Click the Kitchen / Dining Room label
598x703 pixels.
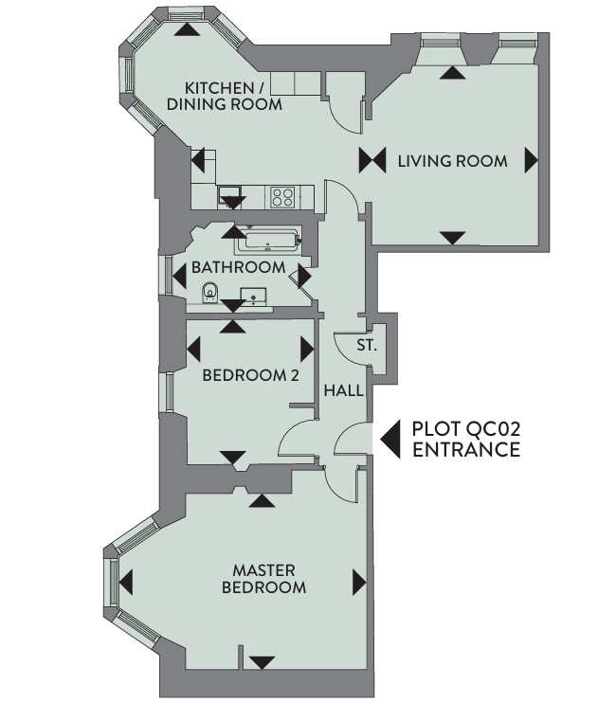coord(225,96)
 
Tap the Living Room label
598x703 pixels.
coord(453,161)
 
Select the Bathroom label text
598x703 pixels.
coord(238,268)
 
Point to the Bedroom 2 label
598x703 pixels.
coord(250,375)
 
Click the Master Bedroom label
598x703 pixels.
coord(263,579)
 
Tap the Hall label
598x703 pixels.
coord(344,390)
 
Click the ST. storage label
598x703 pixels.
coord(367,345)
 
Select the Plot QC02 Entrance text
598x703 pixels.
coord(466,439)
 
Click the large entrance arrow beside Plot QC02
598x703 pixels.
coord(390,440)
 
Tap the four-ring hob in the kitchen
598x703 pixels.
coord(282,197)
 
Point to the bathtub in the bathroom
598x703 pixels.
coord(267,241)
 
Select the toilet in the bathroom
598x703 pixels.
coord(210,293)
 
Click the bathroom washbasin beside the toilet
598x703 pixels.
coord(253,297)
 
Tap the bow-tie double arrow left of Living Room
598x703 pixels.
coord(372,160)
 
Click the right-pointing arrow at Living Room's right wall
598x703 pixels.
coord(532,160)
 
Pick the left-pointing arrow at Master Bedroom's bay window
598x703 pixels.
coord(126,583)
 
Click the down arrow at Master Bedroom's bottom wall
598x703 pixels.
coord(262,662)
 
